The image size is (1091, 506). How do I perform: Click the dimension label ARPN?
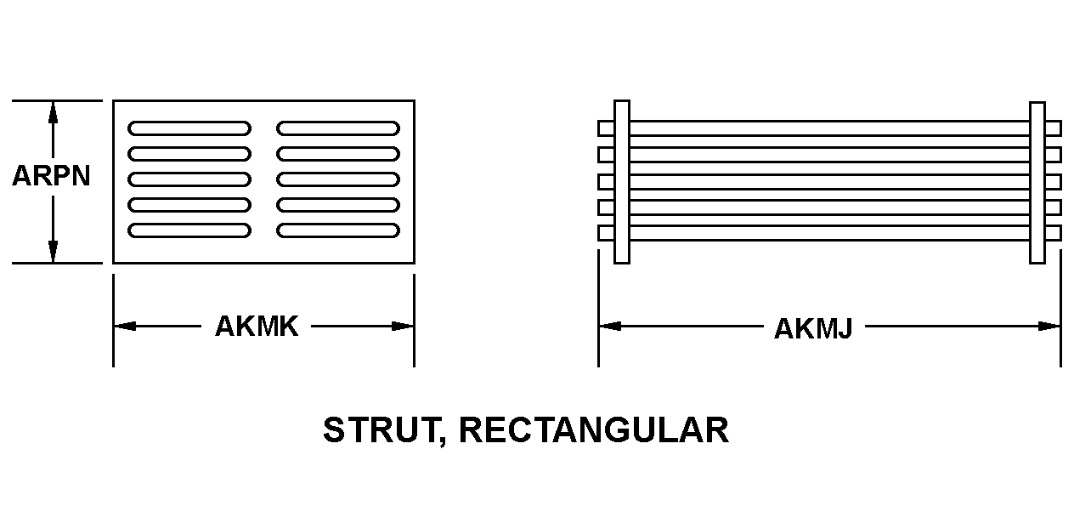click(51, 176)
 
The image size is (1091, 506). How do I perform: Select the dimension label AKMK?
click(257, 327)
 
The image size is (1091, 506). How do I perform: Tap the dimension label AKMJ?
click(812, 328)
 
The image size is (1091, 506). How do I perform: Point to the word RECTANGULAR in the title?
click(593, 430)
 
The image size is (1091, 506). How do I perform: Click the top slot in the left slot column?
click(189, 128)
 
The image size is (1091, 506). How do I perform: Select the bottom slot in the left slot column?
click(189, 230)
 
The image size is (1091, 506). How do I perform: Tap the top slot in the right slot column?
click(338, 128)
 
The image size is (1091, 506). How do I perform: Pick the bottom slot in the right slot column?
click(338, 230)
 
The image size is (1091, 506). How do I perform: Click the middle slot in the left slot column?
click(189, 179)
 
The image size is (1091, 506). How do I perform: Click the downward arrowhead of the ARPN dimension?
click(53, 252)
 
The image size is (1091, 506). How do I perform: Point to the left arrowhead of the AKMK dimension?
click(124, 326)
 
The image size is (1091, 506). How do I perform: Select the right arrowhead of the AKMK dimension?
click(404, 326)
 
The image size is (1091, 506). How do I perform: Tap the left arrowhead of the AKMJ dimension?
click(609, 326)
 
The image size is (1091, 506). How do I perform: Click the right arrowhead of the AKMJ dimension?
click(1050, 326)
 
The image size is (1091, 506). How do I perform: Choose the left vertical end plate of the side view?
click(621, 181)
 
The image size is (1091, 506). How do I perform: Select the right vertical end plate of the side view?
click(1037, 181)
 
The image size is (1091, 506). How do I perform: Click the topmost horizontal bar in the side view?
click(828, 128)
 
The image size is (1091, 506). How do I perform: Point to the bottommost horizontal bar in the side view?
click(828, 233)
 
